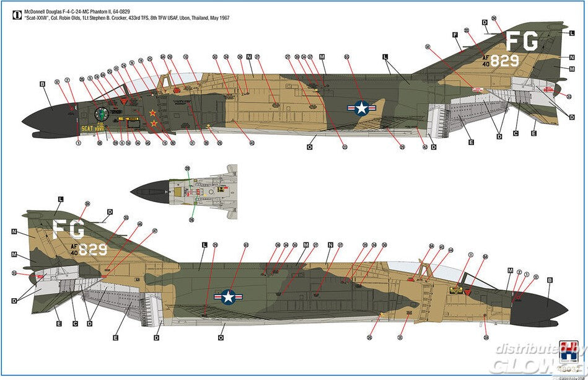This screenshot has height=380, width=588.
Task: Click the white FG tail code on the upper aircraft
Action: tap(520, 41)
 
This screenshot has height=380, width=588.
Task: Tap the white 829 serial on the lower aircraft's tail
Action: tap(92, 250)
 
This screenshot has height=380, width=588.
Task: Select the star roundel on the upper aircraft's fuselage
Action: tap(361, 108)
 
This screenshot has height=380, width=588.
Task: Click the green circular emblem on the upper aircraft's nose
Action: tap(102, 114)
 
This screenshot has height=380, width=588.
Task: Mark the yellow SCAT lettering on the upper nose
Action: tap(90, 129)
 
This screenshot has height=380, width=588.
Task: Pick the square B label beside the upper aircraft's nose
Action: tap(43, 84)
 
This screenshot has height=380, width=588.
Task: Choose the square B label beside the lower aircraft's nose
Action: tap(550, 280)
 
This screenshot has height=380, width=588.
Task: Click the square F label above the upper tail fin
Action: tap(455, 35)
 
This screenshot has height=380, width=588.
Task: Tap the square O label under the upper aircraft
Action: tap(309, 147)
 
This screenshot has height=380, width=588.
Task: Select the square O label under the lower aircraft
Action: tap(221, 338)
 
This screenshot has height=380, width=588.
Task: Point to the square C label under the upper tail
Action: tap(516, 133)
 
